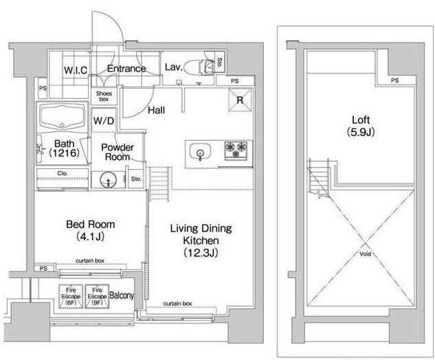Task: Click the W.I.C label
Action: click(76, 70)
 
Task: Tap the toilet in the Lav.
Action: click(197, 67)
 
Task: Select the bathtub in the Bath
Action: click(62, 117)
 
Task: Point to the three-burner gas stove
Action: click(236, 150)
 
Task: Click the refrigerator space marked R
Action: click(240, 100)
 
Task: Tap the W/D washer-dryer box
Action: click(104, 121)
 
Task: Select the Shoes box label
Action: click(104, 96)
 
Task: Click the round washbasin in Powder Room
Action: click(108, 180)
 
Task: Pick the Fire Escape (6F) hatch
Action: click(71, 297)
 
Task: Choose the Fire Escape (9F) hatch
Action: click(97, 297)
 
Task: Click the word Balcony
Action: click(122, 295)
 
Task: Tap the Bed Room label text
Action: click(91, 225)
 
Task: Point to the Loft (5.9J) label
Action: click(361, 126)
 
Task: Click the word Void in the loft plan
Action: click(365, 254)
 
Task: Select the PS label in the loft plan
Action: click(395, 80)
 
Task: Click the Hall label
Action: click(156, 110)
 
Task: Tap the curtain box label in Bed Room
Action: click(90, 260)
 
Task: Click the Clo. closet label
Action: click(63, 173)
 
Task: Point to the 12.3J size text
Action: click(201, 253)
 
